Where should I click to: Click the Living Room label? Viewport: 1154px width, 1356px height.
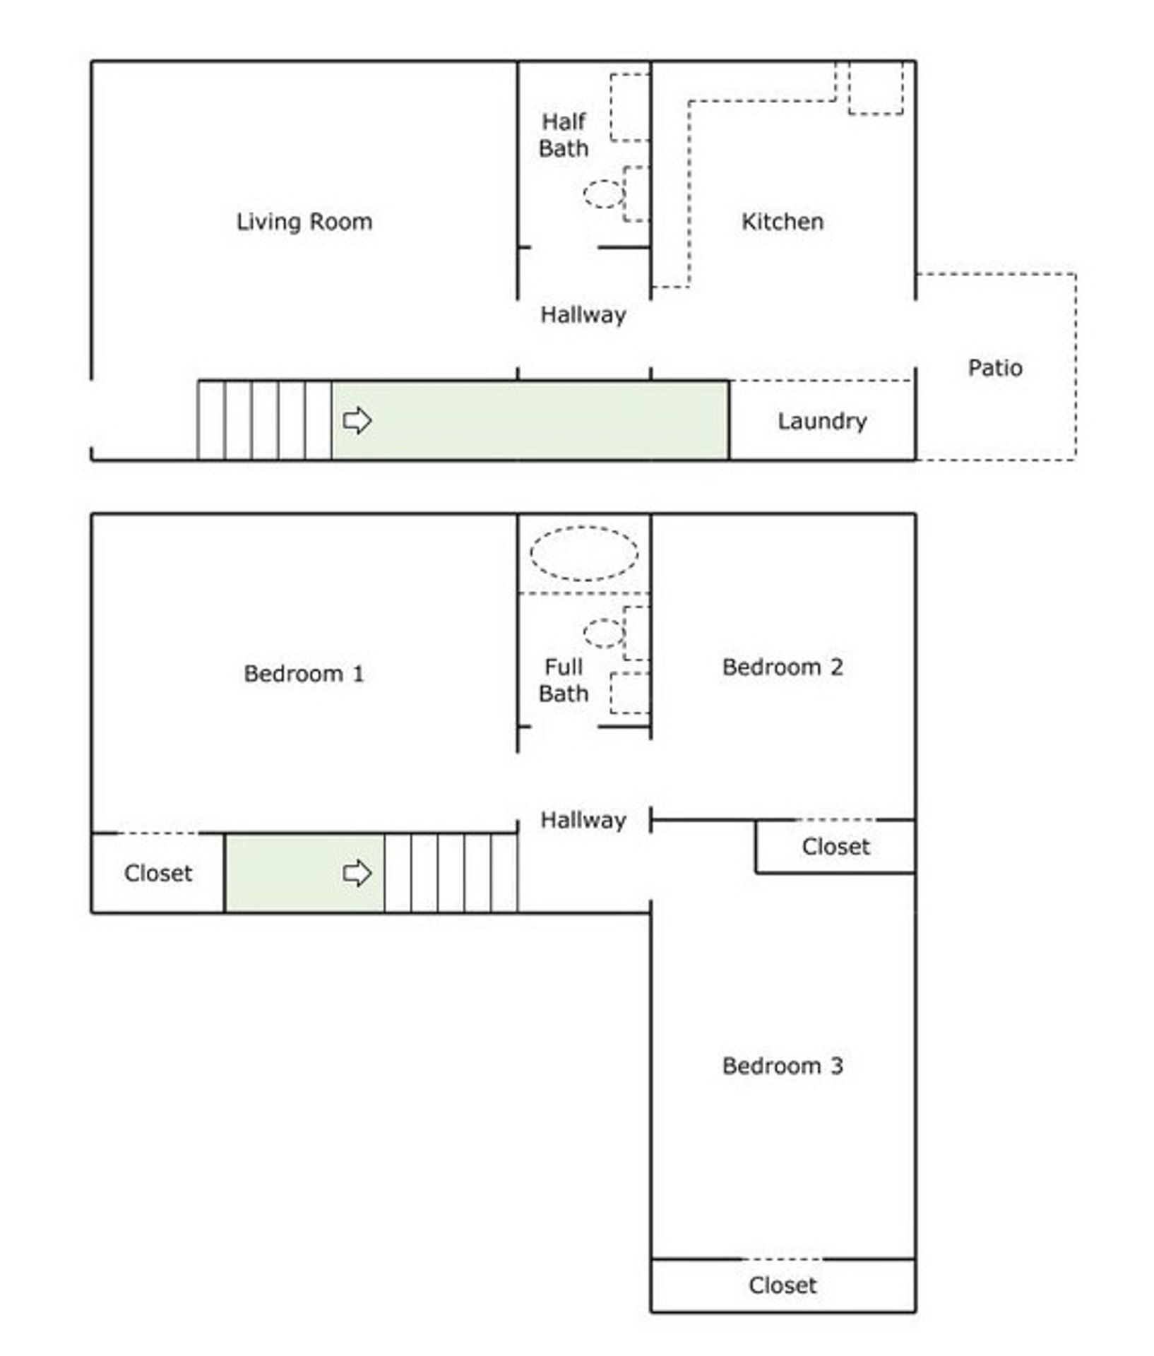pos(304,222)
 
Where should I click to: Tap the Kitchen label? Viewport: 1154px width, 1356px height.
pos(782,222)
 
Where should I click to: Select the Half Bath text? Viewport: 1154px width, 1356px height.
pos(563,135)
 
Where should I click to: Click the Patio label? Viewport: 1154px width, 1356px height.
pos(994,368)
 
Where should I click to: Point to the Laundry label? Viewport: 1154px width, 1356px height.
pos(822,421)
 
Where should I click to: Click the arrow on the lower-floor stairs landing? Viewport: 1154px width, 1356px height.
pos(357,421)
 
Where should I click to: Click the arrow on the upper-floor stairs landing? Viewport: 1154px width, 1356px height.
pos(357,873)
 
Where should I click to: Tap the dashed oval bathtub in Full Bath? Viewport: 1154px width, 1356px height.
pos(584,554)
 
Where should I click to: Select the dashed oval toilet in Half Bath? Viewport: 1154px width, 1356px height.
pos(604,194)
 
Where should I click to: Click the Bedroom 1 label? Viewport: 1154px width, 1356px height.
pos(304,674)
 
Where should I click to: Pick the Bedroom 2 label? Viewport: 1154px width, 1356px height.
pos(782,667)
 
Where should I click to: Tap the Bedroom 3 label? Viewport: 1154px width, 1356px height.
pos(782,1066)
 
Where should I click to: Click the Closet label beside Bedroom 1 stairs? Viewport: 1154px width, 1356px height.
pos(157,874)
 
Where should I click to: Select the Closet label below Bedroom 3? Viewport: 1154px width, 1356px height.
pos(782,1286)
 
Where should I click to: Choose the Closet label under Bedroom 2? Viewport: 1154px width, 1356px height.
pos(835,847)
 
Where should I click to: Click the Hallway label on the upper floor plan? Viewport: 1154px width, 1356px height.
pos(583,315)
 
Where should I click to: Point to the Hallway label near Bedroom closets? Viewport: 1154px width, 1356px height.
pos(583,820)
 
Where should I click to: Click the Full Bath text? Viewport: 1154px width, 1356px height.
pos(563,680)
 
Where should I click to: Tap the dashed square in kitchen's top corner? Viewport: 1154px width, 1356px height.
pos(875,87)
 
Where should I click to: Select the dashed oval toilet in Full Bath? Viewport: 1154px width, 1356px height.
pos(604,633)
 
